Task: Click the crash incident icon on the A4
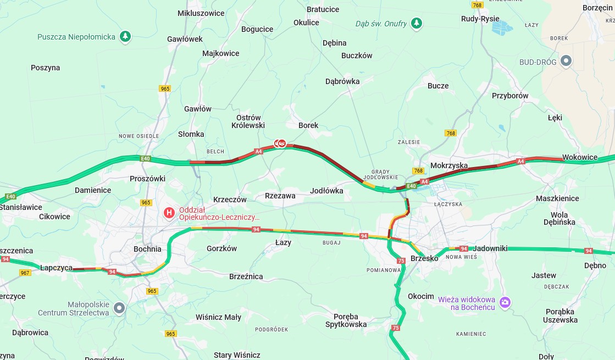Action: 281,143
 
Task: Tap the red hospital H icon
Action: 170,212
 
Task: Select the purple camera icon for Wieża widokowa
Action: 505,302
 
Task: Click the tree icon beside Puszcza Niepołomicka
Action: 126,37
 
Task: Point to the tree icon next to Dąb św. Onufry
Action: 417,23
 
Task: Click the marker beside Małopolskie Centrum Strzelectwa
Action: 119,308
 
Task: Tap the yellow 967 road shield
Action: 25,273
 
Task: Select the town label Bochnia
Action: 147,249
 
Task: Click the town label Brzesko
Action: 424,258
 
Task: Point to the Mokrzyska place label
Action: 449,165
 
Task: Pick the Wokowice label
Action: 579,157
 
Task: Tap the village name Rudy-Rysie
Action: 480,19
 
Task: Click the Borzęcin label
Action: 597,8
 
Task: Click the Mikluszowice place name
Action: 201,13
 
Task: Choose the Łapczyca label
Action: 56,268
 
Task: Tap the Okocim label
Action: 420,296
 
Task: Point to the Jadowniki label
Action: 490,248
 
